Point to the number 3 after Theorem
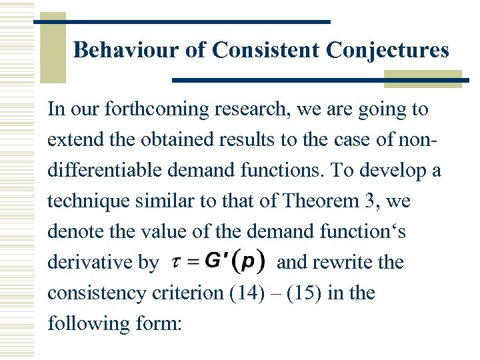tap(355, 201)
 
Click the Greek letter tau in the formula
tap(175, 263)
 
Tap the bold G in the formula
tap(215, 261)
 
